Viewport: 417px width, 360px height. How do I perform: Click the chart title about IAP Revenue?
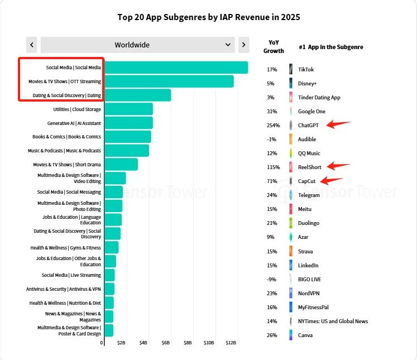(209, 17)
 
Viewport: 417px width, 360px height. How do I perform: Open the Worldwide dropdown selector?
(137, 45)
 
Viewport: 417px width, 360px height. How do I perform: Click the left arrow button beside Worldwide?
(32, 45)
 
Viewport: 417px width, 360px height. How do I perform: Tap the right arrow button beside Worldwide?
(243, 45)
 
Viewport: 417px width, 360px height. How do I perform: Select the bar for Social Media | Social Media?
(176, 68)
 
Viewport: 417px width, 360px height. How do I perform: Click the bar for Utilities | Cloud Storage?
(128, 109)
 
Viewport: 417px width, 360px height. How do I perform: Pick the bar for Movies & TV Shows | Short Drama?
(121, 164)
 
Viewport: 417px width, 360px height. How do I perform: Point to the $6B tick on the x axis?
(165, 342)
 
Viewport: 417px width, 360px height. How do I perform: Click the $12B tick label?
(230, 342)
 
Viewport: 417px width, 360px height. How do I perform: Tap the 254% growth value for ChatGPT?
(273, 125)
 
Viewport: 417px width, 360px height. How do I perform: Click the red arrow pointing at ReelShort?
(338, 166)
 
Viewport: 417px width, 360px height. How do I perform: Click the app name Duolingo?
(309, 223)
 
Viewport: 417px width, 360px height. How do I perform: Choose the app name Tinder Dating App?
(319, 97)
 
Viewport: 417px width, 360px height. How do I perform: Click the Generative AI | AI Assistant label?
(74, 123)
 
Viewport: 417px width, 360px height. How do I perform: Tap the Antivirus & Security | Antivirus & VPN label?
(63, 289)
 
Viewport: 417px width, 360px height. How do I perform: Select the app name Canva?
(305, 335)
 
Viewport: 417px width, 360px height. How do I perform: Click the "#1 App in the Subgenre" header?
(330, 47)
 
